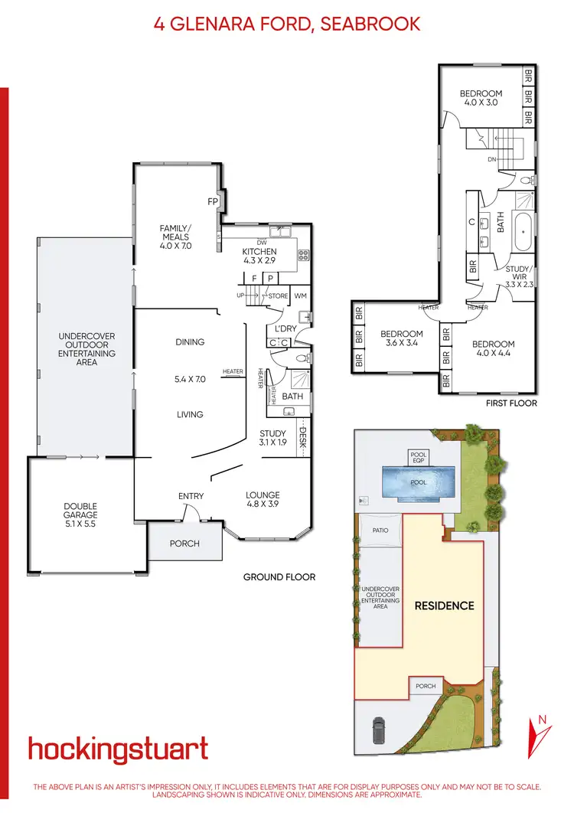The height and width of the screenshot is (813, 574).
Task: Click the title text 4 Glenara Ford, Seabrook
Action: (x=287, y=24)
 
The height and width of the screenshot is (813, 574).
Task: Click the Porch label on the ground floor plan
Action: (x=184, y=544)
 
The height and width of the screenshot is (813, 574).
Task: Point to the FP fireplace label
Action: (x=214, y=202)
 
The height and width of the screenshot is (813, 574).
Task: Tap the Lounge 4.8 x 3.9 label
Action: (x=263, y=500)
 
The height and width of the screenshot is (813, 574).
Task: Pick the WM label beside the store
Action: (x=300, y=295)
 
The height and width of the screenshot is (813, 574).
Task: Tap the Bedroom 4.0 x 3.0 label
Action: (x=481, y=98)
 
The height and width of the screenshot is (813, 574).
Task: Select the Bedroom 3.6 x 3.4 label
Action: (x=401, y=338)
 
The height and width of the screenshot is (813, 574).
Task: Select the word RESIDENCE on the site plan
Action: (x=444, y=606)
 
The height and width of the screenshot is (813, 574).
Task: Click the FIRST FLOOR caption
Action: (x=512, y=403)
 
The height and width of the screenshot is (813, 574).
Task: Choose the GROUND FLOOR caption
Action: (x=279, y=577)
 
